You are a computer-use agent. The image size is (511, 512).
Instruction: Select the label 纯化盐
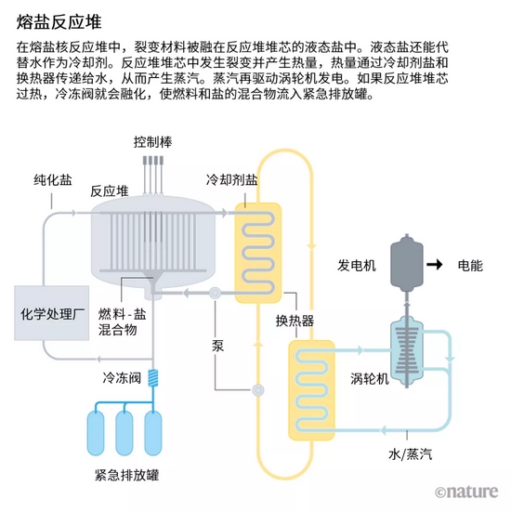point(52,179)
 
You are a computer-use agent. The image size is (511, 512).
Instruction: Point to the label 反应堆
point(109,190)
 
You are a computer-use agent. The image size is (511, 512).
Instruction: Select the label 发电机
point(357,266)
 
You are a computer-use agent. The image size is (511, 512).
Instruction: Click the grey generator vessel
point(406,261)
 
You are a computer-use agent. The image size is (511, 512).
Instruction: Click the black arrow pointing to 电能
point(435,266)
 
